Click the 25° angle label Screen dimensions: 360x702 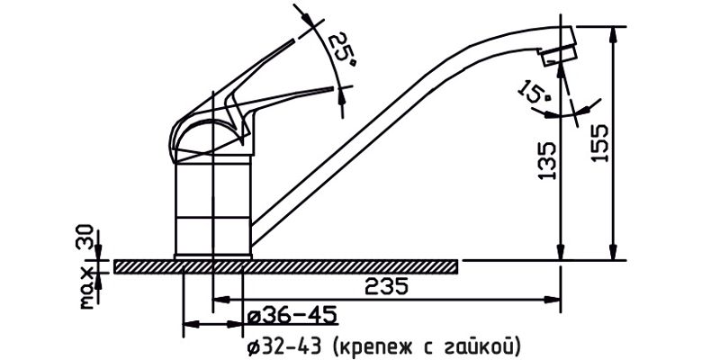pyautogui.click(x=341, y=49)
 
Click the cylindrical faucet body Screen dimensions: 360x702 pyautogui.click(x=212, y=207)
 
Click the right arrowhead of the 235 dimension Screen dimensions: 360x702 pyautogui.click(x=556, y=298)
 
